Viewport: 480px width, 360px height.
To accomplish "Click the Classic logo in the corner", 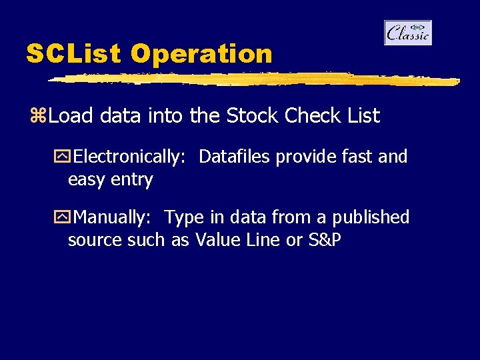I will (x=407, y=33).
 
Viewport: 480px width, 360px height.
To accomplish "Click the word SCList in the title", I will (x=73, y=54).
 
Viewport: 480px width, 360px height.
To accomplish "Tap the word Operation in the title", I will (x=201, y=54).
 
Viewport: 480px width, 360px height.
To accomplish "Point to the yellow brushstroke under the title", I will (x=253, y=79).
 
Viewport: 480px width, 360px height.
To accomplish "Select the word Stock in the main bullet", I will (x=253, y=116).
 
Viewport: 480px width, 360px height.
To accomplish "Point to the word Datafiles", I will (x=235, y=157).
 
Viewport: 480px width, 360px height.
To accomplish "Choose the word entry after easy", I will (x=132, y=180).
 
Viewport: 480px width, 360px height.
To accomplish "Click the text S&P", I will (x=324, y=240).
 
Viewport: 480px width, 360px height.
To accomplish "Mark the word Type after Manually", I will (x=183, y=217).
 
